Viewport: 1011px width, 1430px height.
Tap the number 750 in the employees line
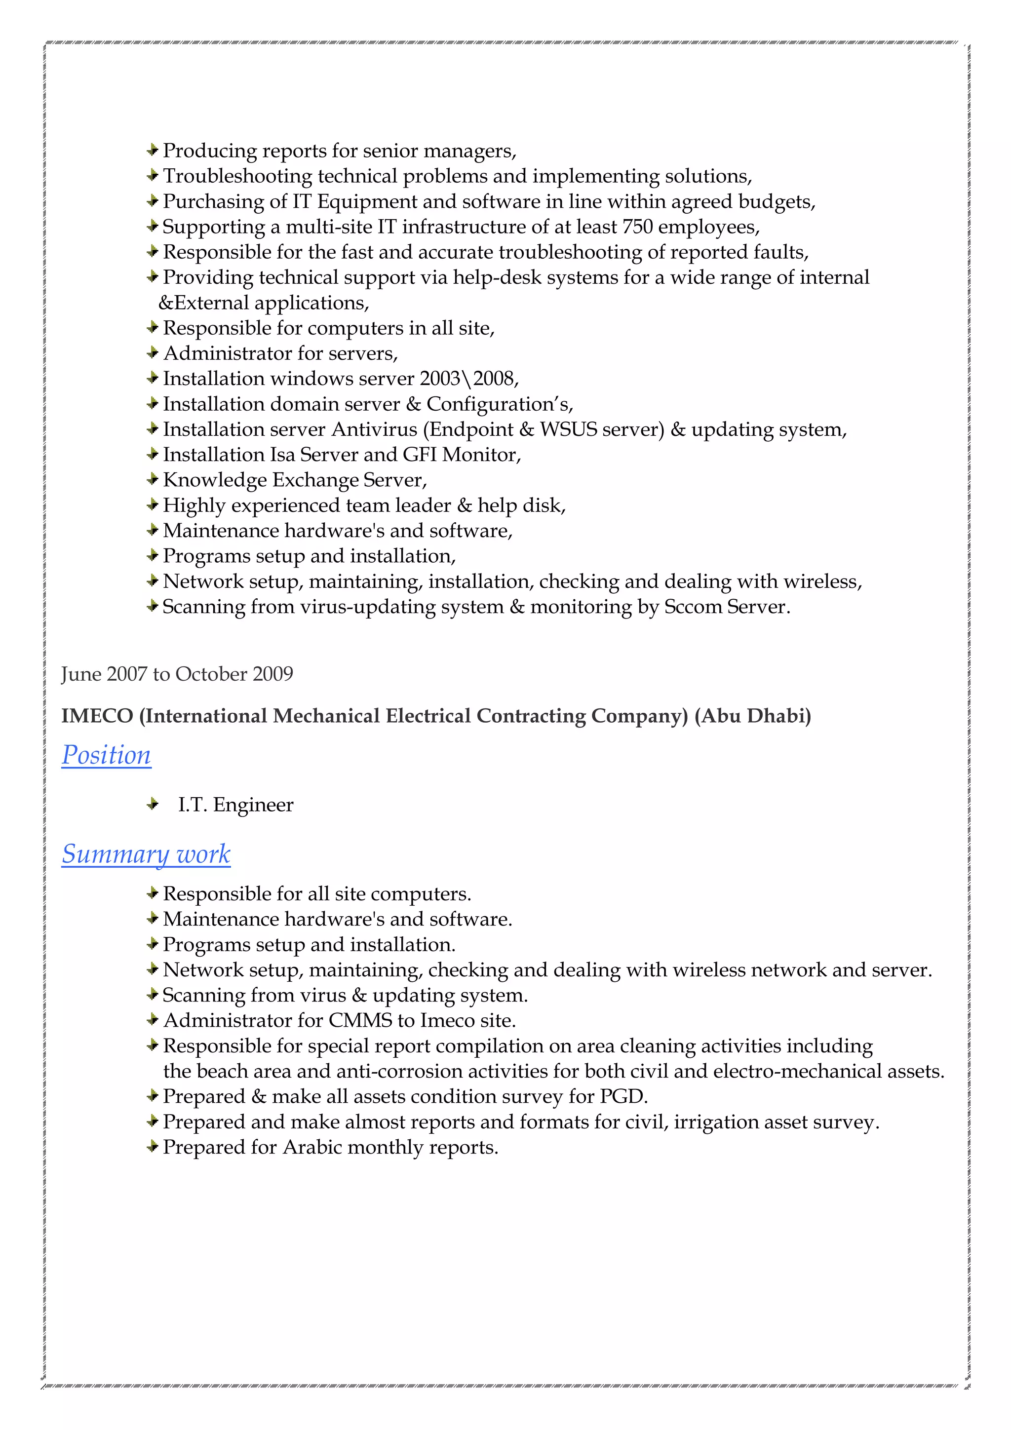637,227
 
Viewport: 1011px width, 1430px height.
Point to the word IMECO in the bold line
97,716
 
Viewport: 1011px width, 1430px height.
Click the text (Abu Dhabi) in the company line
752,716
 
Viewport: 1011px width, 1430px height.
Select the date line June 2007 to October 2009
177,674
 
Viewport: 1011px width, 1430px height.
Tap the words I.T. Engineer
235,805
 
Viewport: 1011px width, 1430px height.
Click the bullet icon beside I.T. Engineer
152,805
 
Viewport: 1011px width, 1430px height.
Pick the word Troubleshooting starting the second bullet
237,176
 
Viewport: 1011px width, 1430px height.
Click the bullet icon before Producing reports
152,150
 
